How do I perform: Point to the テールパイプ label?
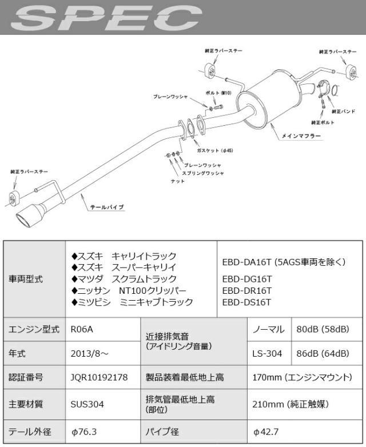tap(107, 207)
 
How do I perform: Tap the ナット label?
tap(178, 181)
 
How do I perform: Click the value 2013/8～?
tap(87, 353)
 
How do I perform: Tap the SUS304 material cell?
tap(85, 404)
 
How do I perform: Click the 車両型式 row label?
tap(26, 280)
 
